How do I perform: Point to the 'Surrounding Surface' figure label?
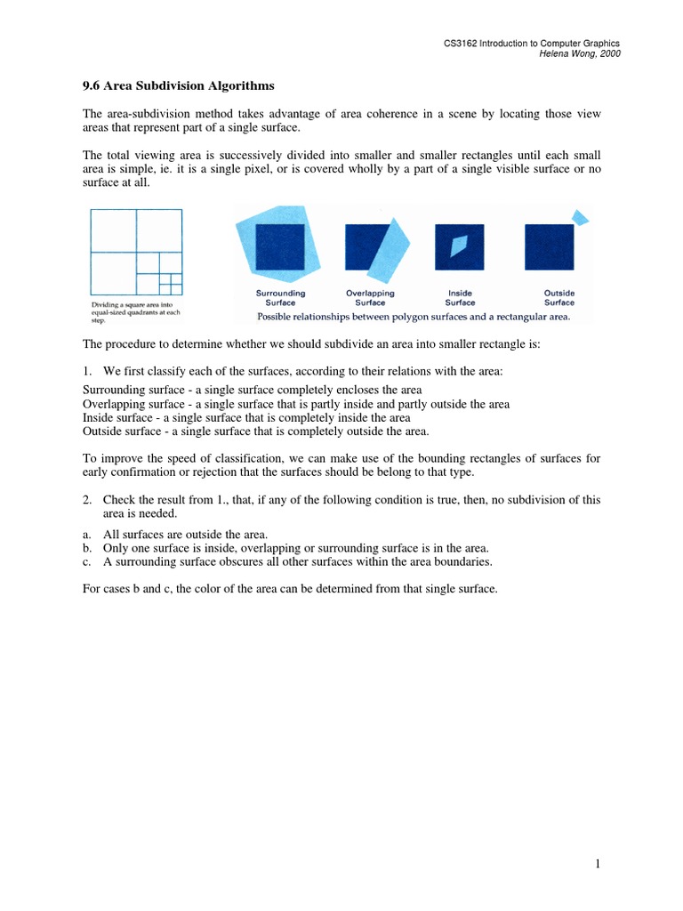(x=280, y=297)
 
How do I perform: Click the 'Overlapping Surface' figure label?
(x=370, y=297)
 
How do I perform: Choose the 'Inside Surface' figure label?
(x=460, y=297)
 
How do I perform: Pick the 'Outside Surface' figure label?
(x=558, y=297)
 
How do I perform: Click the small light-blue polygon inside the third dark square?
(x=459, y=246)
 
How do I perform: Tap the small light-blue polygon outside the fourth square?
(x=580, y=216)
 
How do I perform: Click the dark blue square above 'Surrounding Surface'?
(x=279, y=246)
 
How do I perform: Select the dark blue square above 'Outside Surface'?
(x=549, y=246)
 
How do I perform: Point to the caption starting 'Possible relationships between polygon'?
(x=414, y=316)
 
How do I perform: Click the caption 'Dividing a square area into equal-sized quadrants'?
(x=136, y=313)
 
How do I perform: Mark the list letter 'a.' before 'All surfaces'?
(x=88, y=535)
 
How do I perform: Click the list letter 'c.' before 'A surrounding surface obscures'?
(x=88, y=561)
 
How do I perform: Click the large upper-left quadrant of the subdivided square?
(x=113, y=230)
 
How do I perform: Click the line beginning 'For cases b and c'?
(x=289, y=589)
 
